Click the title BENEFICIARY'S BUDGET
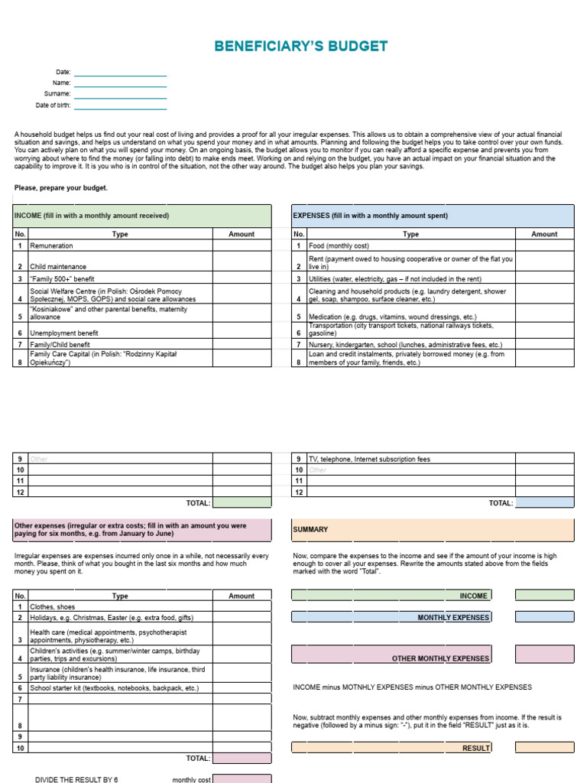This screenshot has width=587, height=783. click(300, 47)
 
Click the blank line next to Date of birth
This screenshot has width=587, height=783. click(120, 106)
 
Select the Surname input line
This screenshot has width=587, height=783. click(120, 94)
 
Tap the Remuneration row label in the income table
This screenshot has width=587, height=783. click(52, 246)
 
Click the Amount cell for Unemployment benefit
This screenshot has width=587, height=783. click(242, 333)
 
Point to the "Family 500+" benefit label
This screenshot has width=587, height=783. click(63, 279)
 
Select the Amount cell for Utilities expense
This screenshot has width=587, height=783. click(544, 279)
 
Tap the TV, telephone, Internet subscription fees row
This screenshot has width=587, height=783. click(369, 460)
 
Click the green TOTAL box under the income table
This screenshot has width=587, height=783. click(242, 502)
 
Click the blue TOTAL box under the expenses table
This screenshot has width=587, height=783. click(544, 502)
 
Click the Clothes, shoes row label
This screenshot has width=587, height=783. click(53, 606)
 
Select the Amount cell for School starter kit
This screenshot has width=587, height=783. click(242, 688)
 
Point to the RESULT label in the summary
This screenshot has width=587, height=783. click(476, 748)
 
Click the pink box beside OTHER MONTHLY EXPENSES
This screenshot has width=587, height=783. click(544, 654)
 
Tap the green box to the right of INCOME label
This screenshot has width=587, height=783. click(544, 595)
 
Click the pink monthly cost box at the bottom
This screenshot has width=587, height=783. click(242, 778)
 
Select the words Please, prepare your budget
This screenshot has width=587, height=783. click(61, 188)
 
